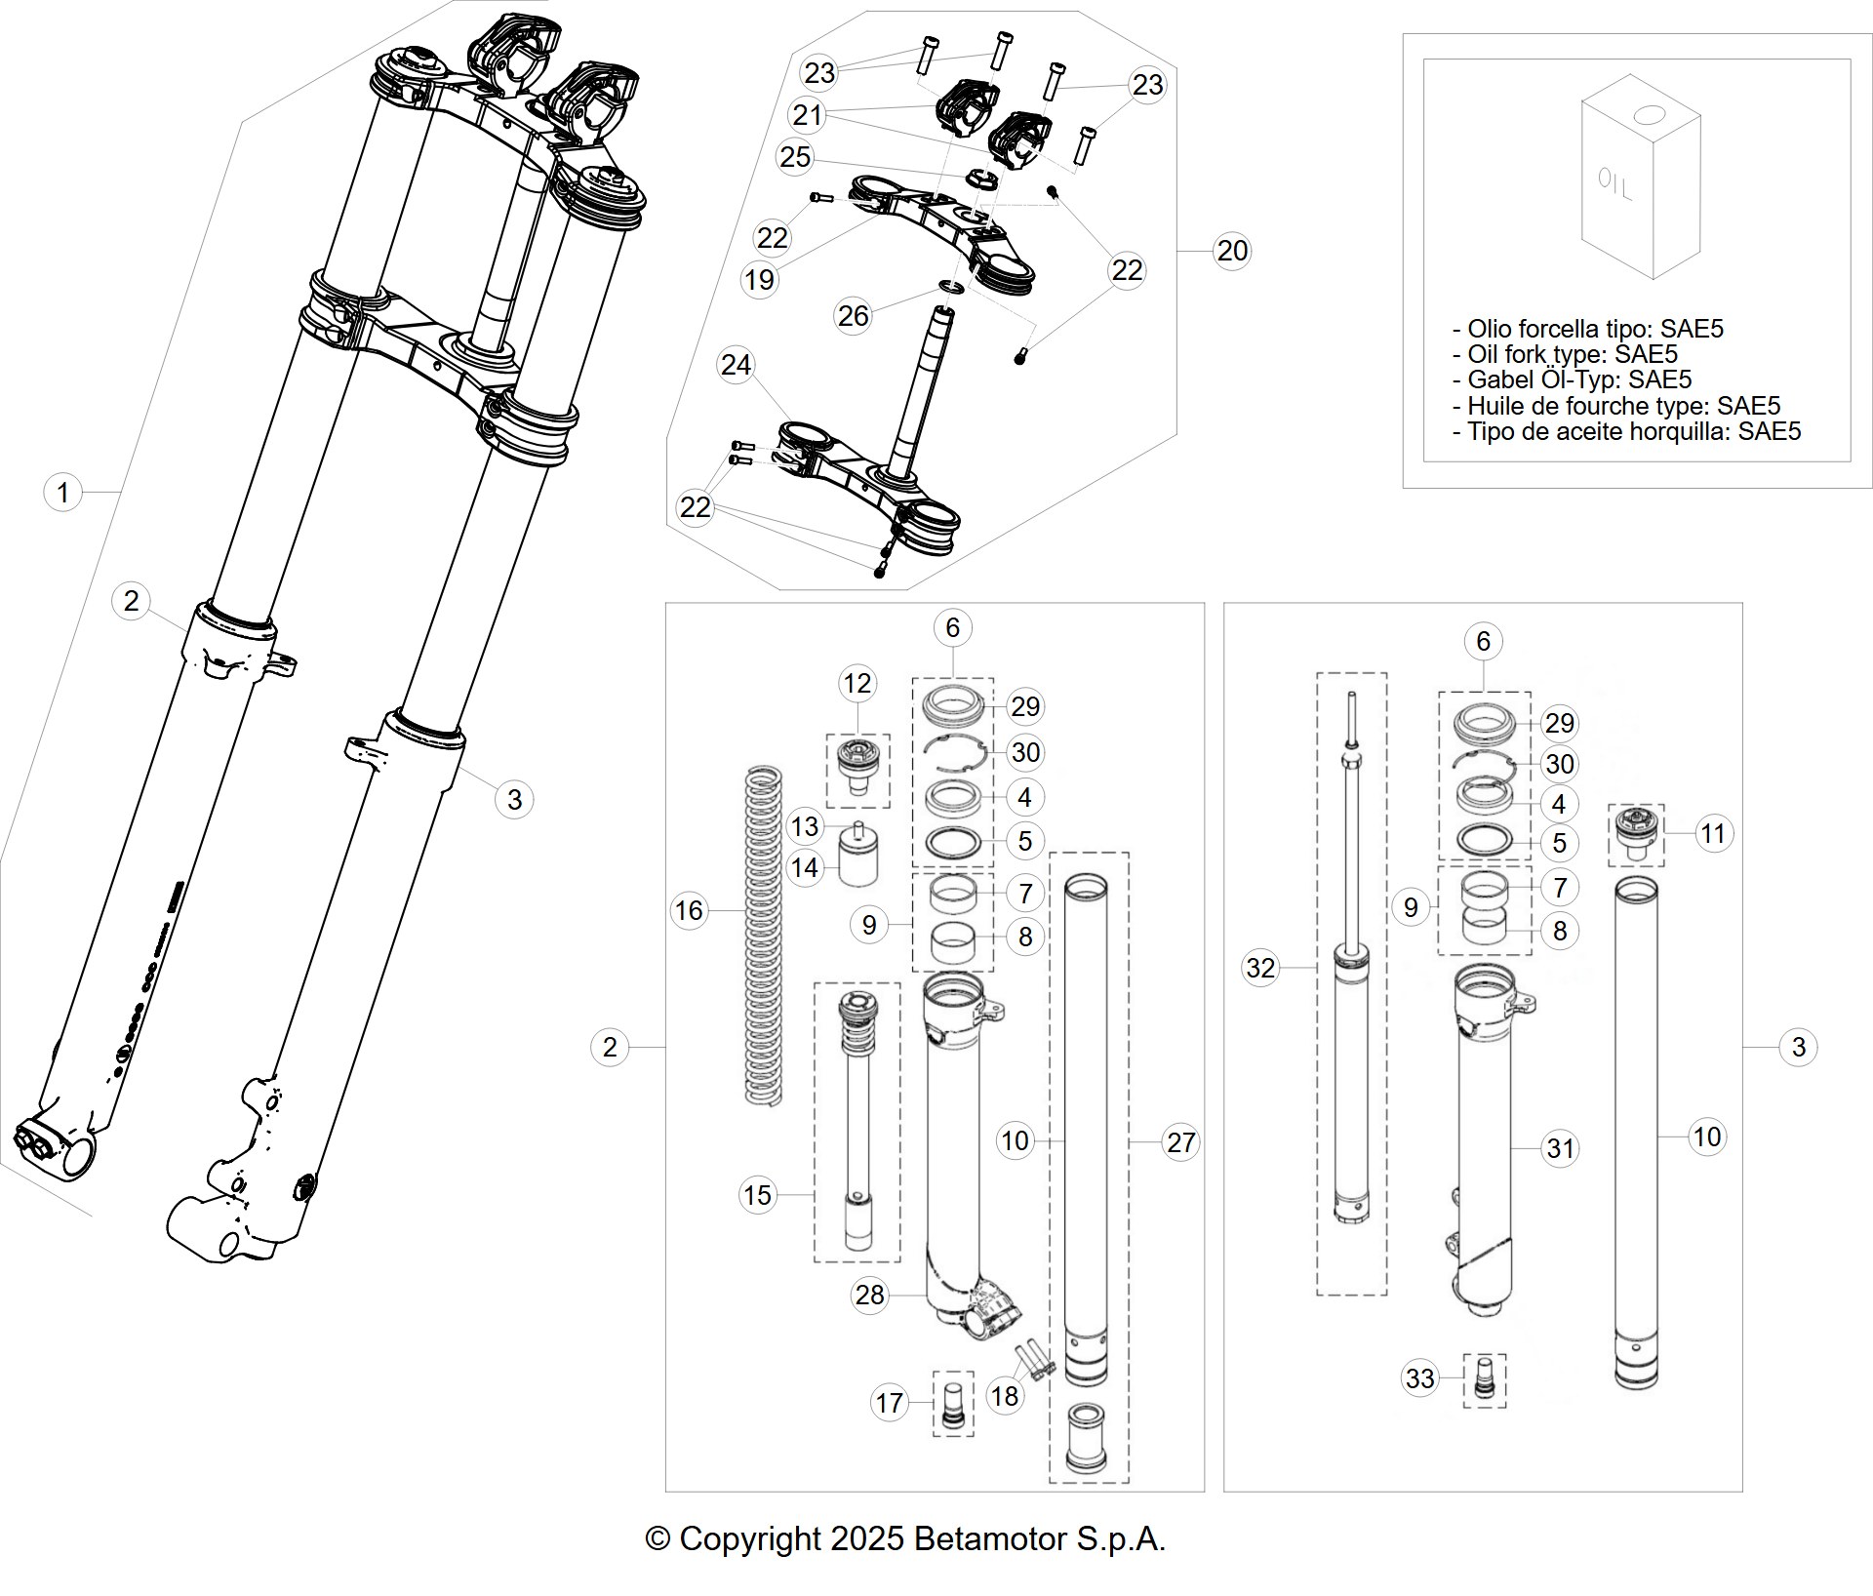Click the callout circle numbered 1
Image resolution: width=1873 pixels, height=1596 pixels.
[63, 492]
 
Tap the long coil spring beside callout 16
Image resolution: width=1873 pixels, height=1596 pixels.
[763, 936]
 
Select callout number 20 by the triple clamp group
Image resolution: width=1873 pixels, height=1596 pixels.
[1232, 251]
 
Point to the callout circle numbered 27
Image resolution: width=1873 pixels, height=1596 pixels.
[1180, 1141]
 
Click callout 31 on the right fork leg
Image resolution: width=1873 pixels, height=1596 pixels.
[1560, 1148]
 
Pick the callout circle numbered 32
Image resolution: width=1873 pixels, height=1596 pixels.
[1260, 967]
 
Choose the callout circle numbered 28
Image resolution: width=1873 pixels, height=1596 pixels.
[869, 1294]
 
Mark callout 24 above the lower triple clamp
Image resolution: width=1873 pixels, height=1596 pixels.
[736, 364]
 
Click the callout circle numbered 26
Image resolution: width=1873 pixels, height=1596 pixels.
[853, 315]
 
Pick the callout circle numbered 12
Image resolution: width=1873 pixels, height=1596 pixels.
[857, 683]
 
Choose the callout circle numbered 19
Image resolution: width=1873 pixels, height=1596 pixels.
[759, 279]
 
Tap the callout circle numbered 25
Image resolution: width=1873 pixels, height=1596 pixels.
[795, 156]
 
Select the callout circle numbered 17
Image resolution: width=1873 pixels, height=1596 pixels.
[889, 1402]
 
